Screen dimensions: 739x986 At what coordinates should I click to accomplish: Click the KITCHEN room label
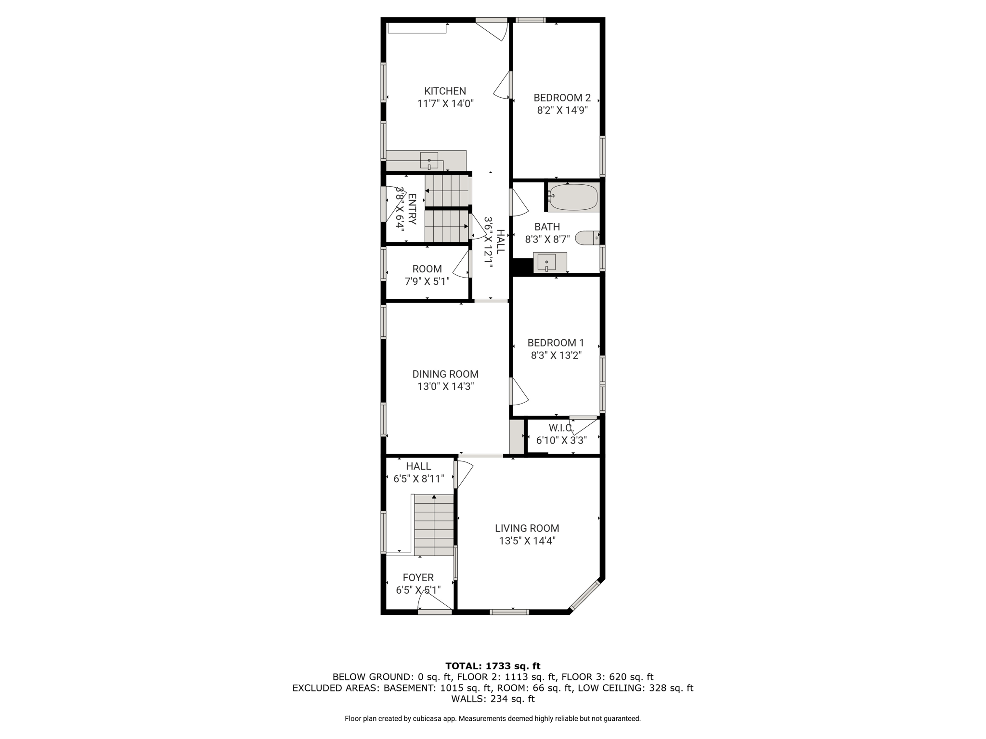point(445,91)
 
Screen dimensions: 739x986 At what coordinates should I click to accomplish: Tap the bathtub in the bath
point(573,197)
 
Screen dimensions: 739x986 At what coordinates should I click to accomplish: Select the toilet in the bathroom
point(587,238)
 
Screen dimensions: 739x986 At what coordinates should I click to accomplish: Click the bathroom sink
point(547,263)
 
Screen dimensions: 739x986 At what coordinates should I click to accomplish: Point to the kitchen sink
point(429,160)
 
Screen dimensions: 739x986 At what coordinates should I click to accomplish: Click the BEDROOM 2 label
point(562,98)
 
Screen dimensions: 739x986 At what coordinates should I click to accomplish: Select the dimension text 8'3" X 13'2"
point(556,356)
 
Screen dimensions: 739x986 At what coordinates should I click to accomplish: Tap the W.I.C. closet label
point(561,428)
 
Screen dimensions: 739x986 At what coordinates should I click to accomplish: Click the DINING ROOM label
point(445,374)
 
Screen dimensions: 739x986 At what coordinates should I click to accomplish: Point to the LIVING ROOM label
point(527,528)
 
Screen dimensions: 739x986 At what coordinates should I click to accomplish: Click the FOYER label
point(418,577)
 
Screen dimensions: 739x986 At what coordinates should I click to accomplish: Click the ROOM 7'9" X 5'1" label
point(427,269)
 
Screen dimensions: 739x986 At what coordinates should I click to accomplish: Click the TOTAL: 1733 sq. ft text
point(493,666)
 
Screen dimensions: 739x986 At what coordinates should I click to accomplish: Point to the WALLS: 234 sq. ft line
point(493,699)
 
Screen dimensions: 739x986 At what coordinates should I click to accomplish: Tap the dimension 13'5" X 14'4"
point(527,541)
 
